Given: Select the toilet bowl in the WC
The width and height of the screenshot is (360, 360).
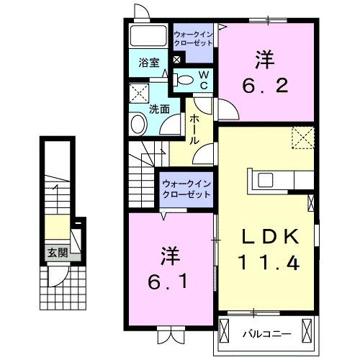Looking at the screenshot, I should pos(186,81).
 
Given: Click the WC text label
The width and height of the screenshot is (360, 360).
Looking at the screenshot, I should pos(204,79).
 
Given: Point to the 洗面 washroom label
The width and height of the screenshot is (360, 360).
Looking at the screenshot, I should pos(158,109).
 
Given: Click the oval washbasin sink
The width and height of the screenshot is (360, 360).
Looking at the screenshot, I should pos(138,123).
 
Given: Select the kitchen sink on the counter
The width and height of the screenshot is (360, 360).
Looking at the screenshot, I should pos(263,179).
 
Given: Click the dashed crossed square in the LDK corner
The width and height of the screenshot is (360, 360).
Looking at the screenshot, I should pos(302,138).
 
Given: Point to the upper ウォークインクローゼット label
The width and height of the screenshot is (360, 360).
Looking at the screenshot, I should pos(194,37).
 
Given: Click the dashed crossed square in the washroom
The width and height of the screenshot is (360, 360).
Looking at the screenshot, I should pos(139,94).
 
